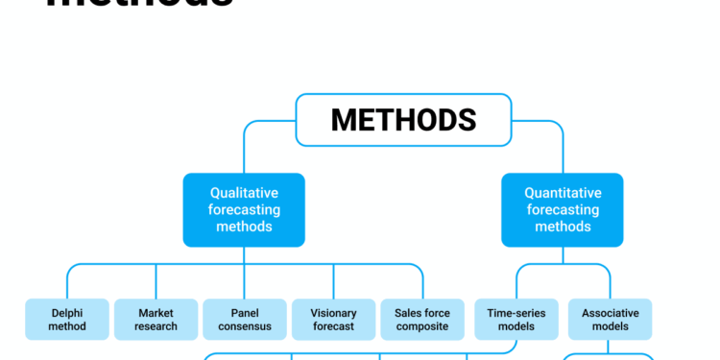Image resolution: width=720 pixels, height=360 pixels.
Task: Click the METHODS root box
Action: point(403,120)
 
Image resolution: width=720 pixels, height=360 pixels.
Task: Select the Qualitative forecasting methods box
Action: point(244,209)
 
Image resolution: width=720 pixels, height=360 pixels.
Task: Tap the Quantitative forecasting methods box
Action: point(563,209)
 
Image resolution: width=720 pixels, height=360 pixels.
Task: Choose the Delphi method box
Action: point(68,320)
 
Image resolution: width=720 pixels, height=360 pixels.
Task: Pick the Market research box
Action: point(156,320)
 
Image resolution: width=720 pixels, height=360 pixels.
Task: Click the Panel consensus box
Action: point(245,320)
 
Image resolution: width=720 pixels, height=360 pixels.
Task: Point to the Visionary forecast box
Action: point(334,320)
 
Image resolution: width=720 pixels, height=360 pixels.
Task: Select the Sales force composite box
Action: point(422,320)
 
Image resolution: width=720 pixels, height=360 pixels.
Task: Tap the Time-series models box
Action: point(516,320)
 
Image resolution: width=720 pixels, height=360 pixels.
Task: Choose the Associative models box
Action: point(610,320)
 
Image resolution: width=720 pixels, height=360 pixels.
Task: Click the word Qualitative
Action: point(244,193)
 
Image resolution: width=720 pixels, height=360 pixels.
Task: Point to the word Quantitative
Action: point(563,193)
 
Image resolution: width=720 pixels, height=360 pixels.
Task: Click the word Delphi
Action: point(68,313)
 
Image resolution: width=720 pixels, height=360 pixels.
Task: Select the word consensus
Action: point(245,326)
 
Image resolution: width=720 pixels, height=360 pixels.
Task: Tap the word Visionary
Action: point(334,313)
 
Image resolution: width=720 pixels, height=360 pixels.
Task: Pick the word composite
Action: point(422,326)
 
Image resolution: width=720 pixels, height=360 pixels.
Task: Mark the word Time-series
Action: point(516,313)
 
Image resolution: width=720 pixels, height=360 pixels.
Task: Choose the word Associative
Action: point(610,313)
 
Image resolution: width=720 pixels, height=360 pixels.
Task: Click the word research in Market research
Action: point(156,326)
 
